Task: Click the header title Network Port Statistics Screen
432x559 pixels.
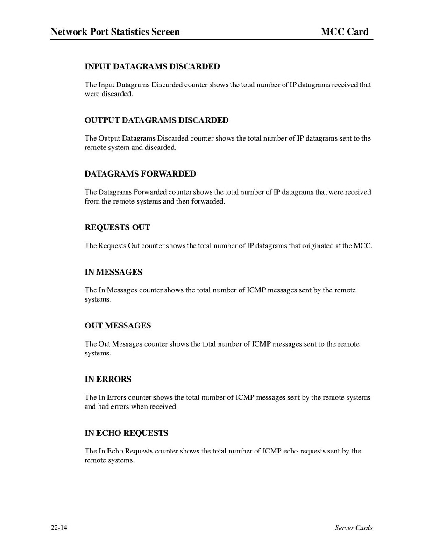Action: pyautogui.click(x=115, y=32)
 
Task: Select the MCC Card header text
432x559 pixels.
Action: pyautogui.click(x=345, y=32)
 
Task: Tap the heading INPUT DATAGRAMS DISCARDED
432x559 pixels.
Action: pyautogui.click(x=152, y=66)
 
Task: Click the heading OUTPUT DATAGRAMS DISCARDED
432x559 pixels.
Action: pyautogui.click(x=156, y=120)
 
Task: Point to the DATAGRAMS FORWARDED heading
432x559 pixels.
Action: pyautogui.click(x=140, y=174)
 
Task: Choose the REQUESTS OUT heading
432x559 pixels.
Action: pyautogui.click(x=117, y=227)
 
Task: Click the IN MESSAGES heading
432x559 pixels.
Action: pyautogui.click(x=113, y=272)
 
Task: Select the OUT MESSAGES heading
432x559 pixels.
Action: pyautogui.click(x=118, y=325)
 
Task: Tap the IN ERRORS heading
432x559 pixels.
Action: pyautogui.click(x=108, y=379)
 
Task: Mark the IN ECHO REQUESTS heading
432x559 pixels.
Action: pyautogui.click(x=126, y=433)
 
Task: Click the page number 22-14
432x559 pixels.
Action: pyautogui.click(x=59, y=528)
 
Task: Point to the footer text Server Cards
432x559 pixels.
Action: pyautogui.click(x=354, y=528)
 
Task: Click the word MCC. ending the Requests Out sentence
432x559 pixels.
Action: pyautogui.click(x=364, y=246)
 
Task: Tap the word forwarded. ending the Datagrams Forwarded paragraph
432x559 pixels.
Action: pyautogui.click(x=208, y=201)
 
